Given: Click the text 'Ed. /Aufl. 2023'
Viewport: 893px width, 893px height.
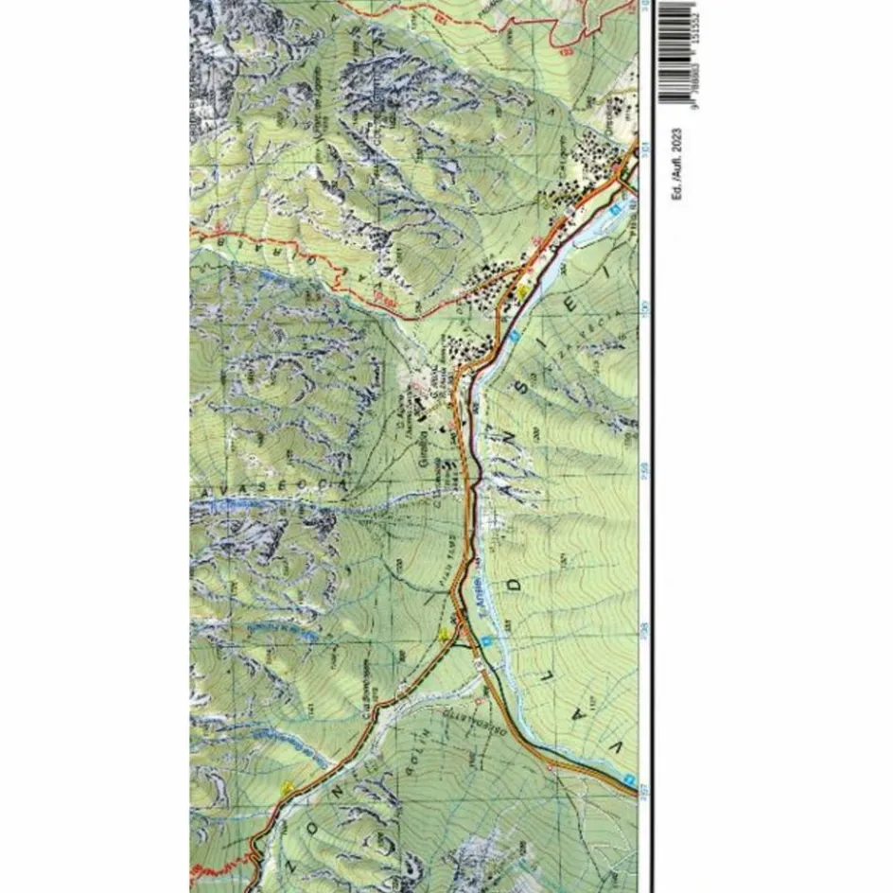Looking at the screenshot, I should [675, 163].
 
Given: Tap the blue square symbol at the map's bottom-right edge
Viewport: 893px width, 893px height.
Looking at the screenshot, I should [627, 780].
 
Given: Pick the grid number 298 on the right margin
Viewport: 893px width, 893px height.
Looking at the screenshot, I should [645, 628].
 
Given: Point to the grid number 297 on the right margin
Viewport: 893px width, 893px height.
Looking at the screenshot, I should [645, 788].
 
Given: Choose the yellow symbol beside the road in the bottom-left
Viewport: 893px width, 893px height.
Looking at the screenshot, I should [288, 787].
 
